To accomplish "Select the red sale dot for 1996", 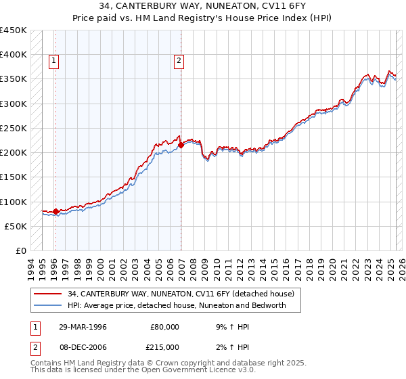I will tap(55, 211).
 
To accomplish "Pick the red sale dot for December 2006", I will tap(181, 145).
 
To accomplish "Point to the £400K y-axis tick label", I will tap(14, 55).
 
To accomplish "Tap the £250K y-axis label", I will tap(14, 128).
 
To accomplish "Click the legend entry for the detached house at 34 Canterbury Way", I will tap(181, 294).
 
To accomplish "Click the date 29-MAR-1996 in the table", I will tap(82, 327).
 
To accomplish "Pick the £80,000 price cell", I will tap(164, 327).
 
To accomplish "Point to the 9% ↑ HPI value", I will tap(230, 327).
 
